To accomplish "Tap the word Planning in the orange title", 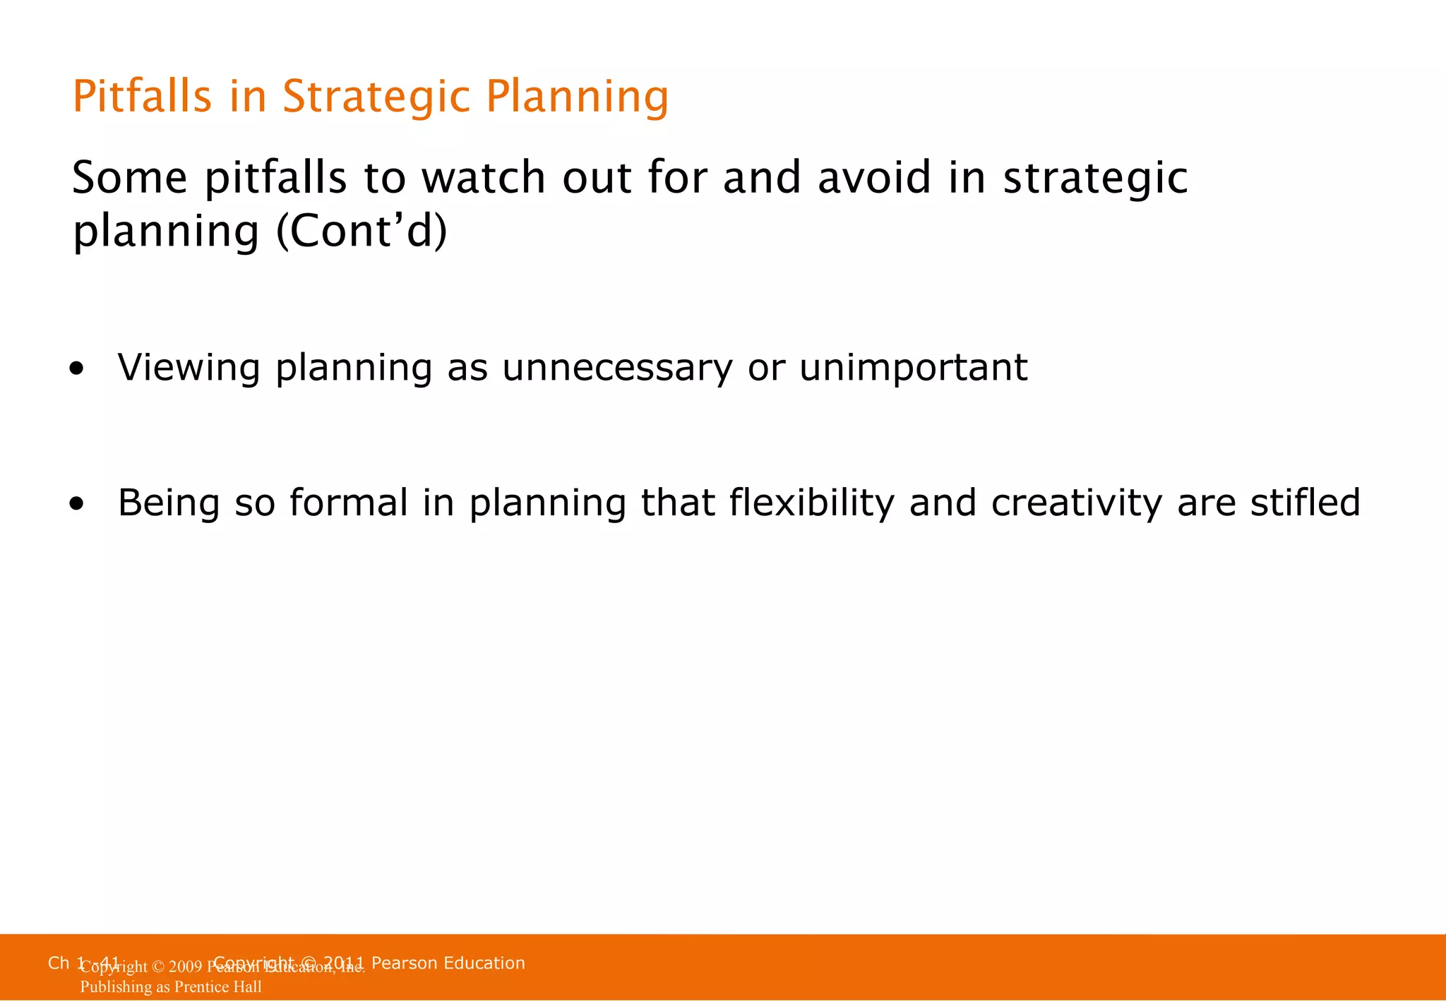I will [x=577, y=97].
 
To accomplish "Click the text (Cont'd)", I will [x=361, y=231].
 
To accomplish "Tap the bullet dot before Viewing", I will [x=77, y=368].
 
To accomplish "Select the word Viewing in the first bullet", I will [x=189, y=368].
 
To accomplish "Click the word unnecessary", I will [x=617, y=368].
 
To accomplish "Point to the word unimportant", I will [x=913, y=368].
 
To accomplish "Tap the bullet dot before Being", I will [x=77, y=504].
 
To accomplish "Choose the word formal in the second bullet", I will [x=349, y=503].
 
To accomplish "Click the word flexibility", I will [x=811, y=503].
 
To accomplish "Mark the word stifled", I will [x=1305, y=503].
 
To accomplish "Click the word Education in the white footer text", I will [x=484, y=963].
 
